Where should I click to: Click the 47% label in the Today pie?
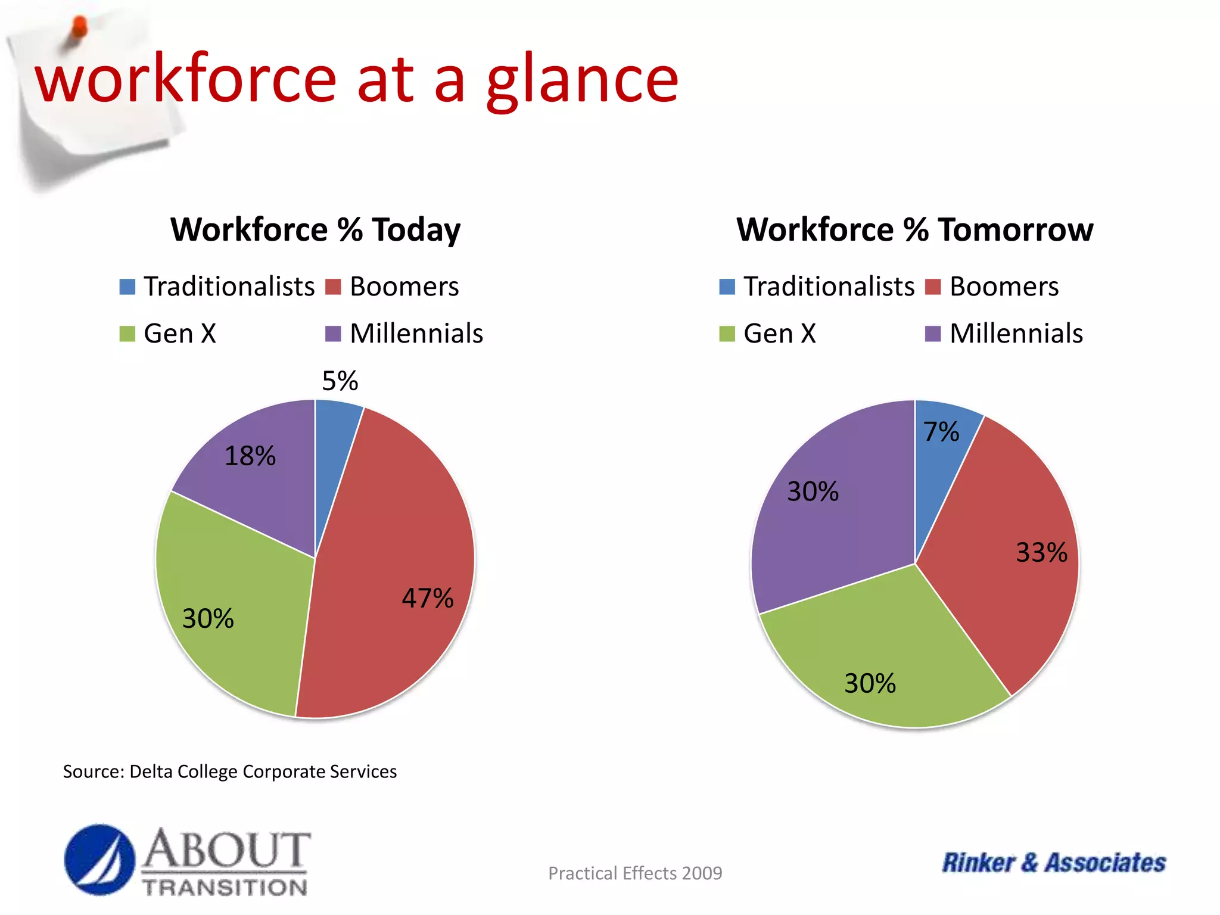pos(427,598)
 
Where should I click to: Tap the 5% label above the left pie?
pos(340,381)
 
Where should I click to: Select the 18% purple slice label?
pos(250,456)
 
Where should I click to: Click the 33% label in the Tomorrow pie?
pos(1041,552)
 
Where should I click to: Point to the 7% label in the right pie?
pos(941,432)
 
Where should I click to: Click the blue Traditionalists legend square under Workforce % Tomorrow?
pos(727,287)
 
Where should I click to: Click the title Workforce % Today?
pos(315,230)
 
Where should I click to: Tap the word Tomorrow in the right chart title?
pos(1015,230)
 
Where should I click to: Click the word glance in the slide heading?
pos(582,80)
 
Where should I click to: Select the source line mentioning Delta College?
pos(229,771)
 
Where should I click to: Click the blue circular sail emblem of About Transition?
pos(99,860)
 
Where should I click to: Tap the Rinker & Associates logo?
pos(1053,863)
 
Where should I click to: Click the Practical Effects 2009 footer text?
pos(634,873)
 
